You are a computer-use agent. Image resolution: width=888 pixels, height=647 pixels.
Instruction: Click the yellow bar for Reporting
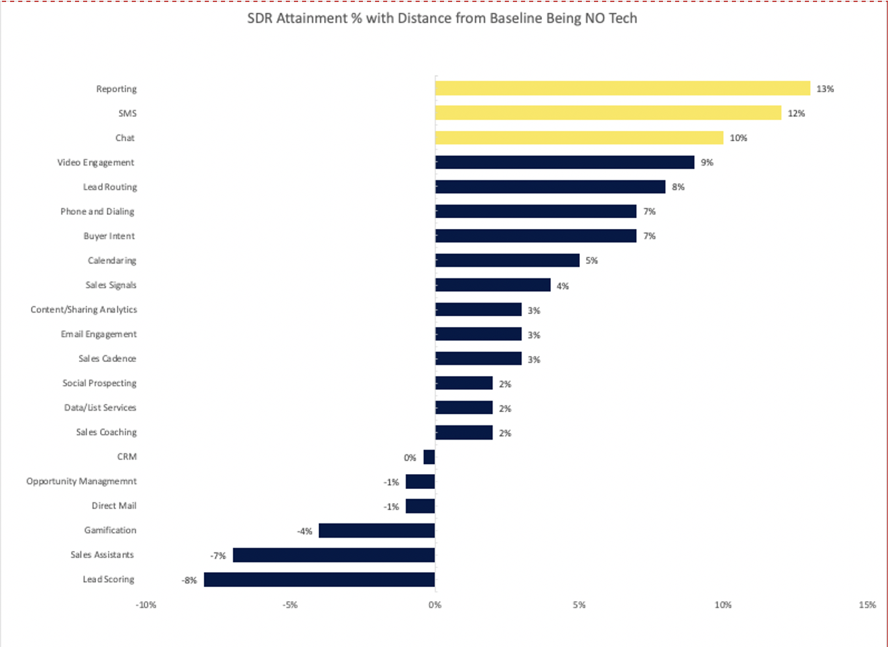point(622,88)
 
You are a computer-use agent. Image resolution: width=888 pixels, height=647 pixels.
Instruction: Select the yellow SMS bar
point(608,113)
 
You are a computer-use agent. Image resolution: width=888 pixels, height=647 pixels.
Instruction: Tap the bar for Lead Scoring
point(319,579)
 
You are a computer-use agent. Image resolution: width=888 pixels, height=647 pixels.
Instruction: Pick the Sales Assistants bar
point(334,555)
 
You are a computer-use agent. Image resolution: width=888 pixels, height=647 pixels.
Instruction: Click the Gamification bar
point(376,531)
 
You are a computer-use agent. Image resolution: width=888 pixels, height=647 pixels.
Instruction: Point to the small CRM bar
point(429,457)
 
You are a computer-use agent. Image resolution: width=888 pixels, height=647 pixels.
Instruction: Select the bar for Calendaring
point(507,261)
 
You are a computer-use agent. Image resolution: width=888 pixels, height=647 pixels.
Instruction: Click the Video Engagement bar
point(564,162)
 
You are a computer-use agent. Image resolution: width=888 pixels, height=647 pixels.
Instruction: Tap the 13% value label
point(825,89)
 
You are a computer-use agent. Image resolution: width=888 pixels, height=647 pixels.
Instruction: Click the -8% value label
point(189,580)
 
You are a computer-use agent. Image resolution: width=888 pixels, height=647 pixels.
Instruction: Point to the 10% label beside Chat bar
point(738,138)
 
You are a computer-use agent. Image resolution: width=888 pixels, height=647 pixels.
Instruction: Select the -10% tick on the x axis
point(146,605)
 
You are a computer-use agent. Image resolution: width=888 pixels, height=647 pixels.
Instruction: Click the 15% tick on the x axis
point(868,605)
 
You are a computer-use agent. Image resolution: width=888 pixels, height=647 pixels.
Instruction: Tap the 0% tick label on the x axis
point(435,605)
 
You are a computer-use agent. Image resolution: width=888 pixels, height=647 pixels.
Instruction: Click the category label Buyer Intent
point(109,236)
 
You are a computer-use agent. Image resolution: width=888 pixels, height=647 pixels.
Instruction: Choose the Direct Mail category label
point(114,506)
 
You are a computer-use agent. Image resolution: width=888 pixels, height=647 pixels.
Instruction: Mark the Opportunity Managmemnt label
point(81,482)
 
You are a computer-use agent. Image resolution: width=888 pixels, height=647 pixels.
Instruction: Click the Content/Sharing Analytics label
point(84,309)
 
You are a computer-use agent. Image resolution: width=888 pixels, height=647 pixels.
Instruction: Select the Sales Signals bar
point(493,285)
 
